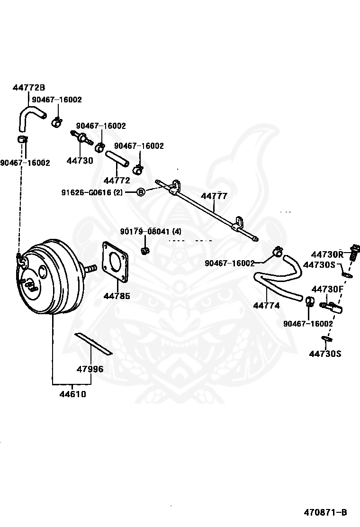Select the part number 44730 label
[80, 161]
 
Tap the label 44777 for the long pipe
[214, 196]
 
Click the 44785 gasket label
[117, 296]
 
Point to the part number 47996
[90, 369]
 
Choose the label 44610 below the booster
[72, 394]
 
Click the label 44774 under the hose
[266, 306]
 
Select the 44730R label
[327, 254]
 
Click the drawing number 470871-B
[325, 512]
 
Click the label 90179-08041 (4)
[150, 232]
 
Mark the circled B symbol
[141, 192]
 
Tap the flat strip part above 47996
[93, 343]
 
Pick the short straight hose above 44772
[117, 158]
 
